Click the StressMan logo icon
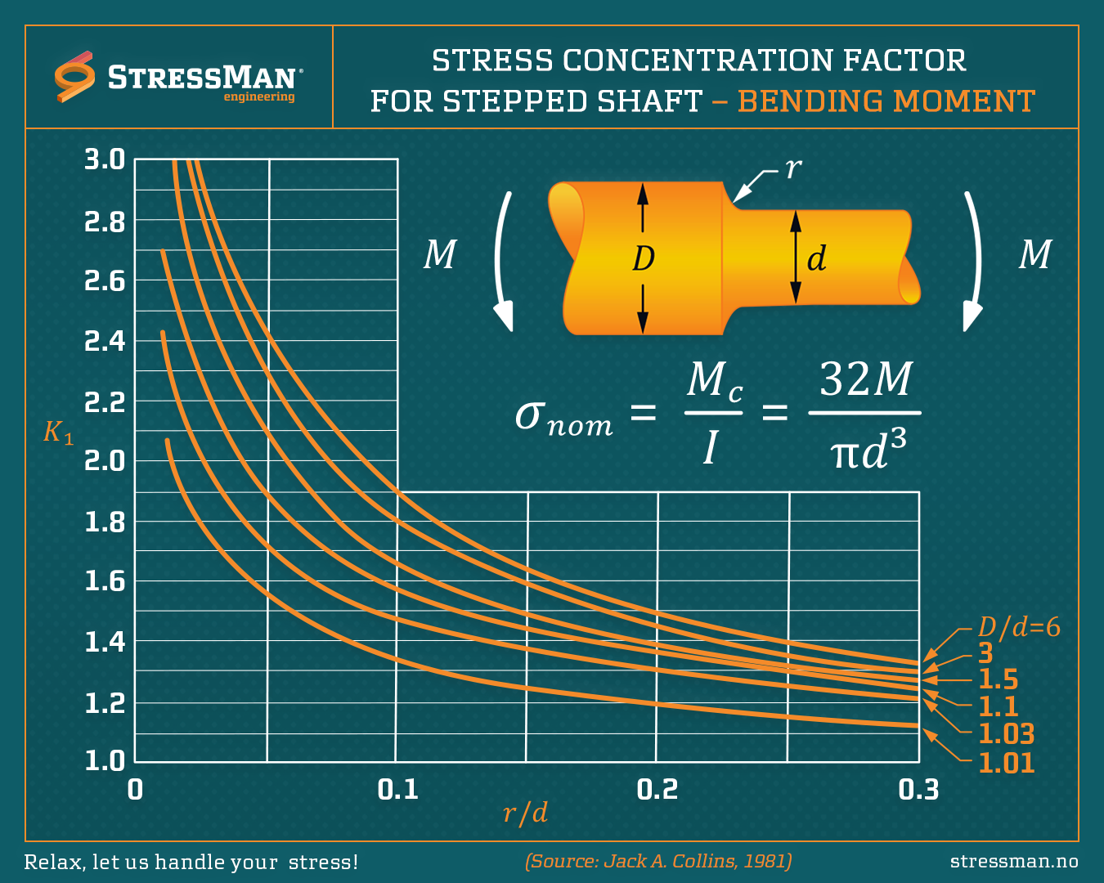pyautogui.click(x=74, y=78)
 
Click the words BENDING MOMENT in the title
pyautogui.click(x=886, y=101)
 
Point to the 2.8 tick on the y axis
pyautogui.click(x=105, y=222)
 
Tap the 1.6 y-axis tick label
pyautogui.click(x=105, y=581)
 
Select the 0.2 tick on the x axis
pyautogui.click(x=657, y=789)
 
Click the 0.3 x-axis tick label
pyautogui.click(x=918, y=789)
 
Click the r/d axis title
pyautogui.click(x=525, y=813)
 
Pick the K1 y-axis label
pyautogui.click(x=58, y=432)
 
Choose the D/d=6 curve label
pyautogui.click(x=1019, y=627)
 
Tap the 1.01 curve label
pyautogui.click(x=1007, y=763)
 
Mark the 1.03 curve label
pyautogui.click(x=1007, y=733)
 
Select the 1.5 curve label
pyautogui.click(x=999, y=679)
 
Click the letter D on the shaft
pyautogui.click(x=644, y=258)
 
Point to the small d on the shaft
pyautogui.click(x=816, y=258)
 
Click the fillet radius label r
pyautogui.click(x=793, y=168)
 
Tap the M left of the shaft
pyautogui.click(x=440, y=254)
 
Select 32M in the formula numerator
pyautogui.click(x=865, y=379)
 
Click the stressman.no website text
pyautogui.click(x=1014, y=861)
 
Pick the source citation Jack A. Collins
pyautogui.click(x=658, y=861)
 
